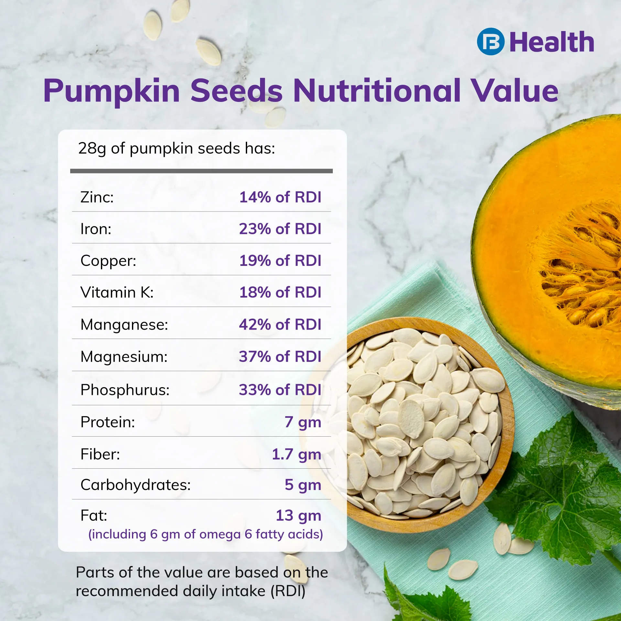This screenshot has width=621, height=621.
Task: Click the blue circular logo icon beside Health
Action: (490, 42)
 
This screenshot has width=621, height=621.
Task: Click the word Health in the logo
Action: (552, 42)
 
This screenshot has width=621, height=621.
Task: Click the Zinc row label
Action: (97, 197)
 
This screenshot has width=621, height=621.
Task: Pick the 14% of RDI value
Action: (280, 197)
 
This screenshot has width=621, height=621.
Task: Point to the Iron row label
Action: (96, 229)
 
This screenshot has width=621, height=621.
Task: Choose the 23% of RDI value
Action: (280, 229)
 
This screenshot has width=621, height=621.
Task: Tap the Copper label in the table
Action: (108, 261)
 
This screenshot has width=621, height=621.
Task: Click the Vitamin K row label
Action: (117, 292)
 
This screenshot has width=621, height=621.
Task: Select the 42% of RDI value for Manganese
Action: (280, 324)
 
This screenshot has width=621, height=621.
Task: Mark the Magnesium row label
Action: (124, 357)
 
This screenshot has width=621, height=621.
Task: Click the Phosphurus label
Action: (125, 390)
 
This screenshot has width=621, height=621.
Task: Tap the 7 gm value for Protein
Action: (303, 422)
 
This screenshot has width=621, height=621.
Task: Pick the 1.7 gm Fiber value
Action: (297, 454)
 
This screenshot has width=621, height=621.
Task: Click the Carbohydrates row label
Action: (136, 485)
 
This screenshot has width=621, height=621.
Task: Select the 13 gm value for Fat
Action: (299, 516)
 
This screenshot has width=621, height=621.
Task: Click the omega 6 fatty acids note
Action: (206, 534)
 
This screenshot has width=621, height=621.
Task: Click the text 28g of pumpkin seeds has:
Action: (177, 149)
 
